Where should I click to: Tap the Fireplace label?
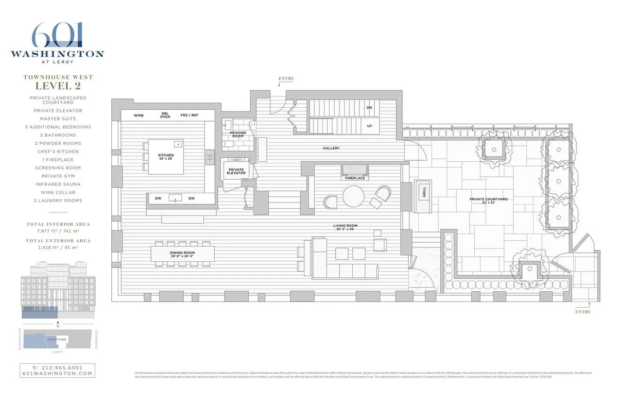(x=355, y=178)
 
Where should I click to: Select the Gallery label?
(x=331, y=148)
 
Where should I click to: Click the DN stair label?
(x=369, y=108)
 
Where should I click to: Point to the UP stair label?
(x=369, y=126)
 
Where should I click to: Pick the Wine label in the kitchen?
(x=139, y=115)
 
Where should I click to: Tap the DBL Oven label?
(x=165, y=115)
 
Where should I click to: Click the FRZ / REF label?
(x=190, y=115)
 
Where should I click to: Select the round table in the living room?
(x=353, y=196)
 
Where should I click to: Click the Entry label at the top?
(x=286, y=79)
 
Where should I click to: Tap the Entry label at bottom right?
(x=583, y=312)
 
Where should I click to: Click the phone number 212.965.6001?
(x=57, y=368)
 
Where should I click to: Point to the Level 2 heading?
(x=58, y=86)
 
